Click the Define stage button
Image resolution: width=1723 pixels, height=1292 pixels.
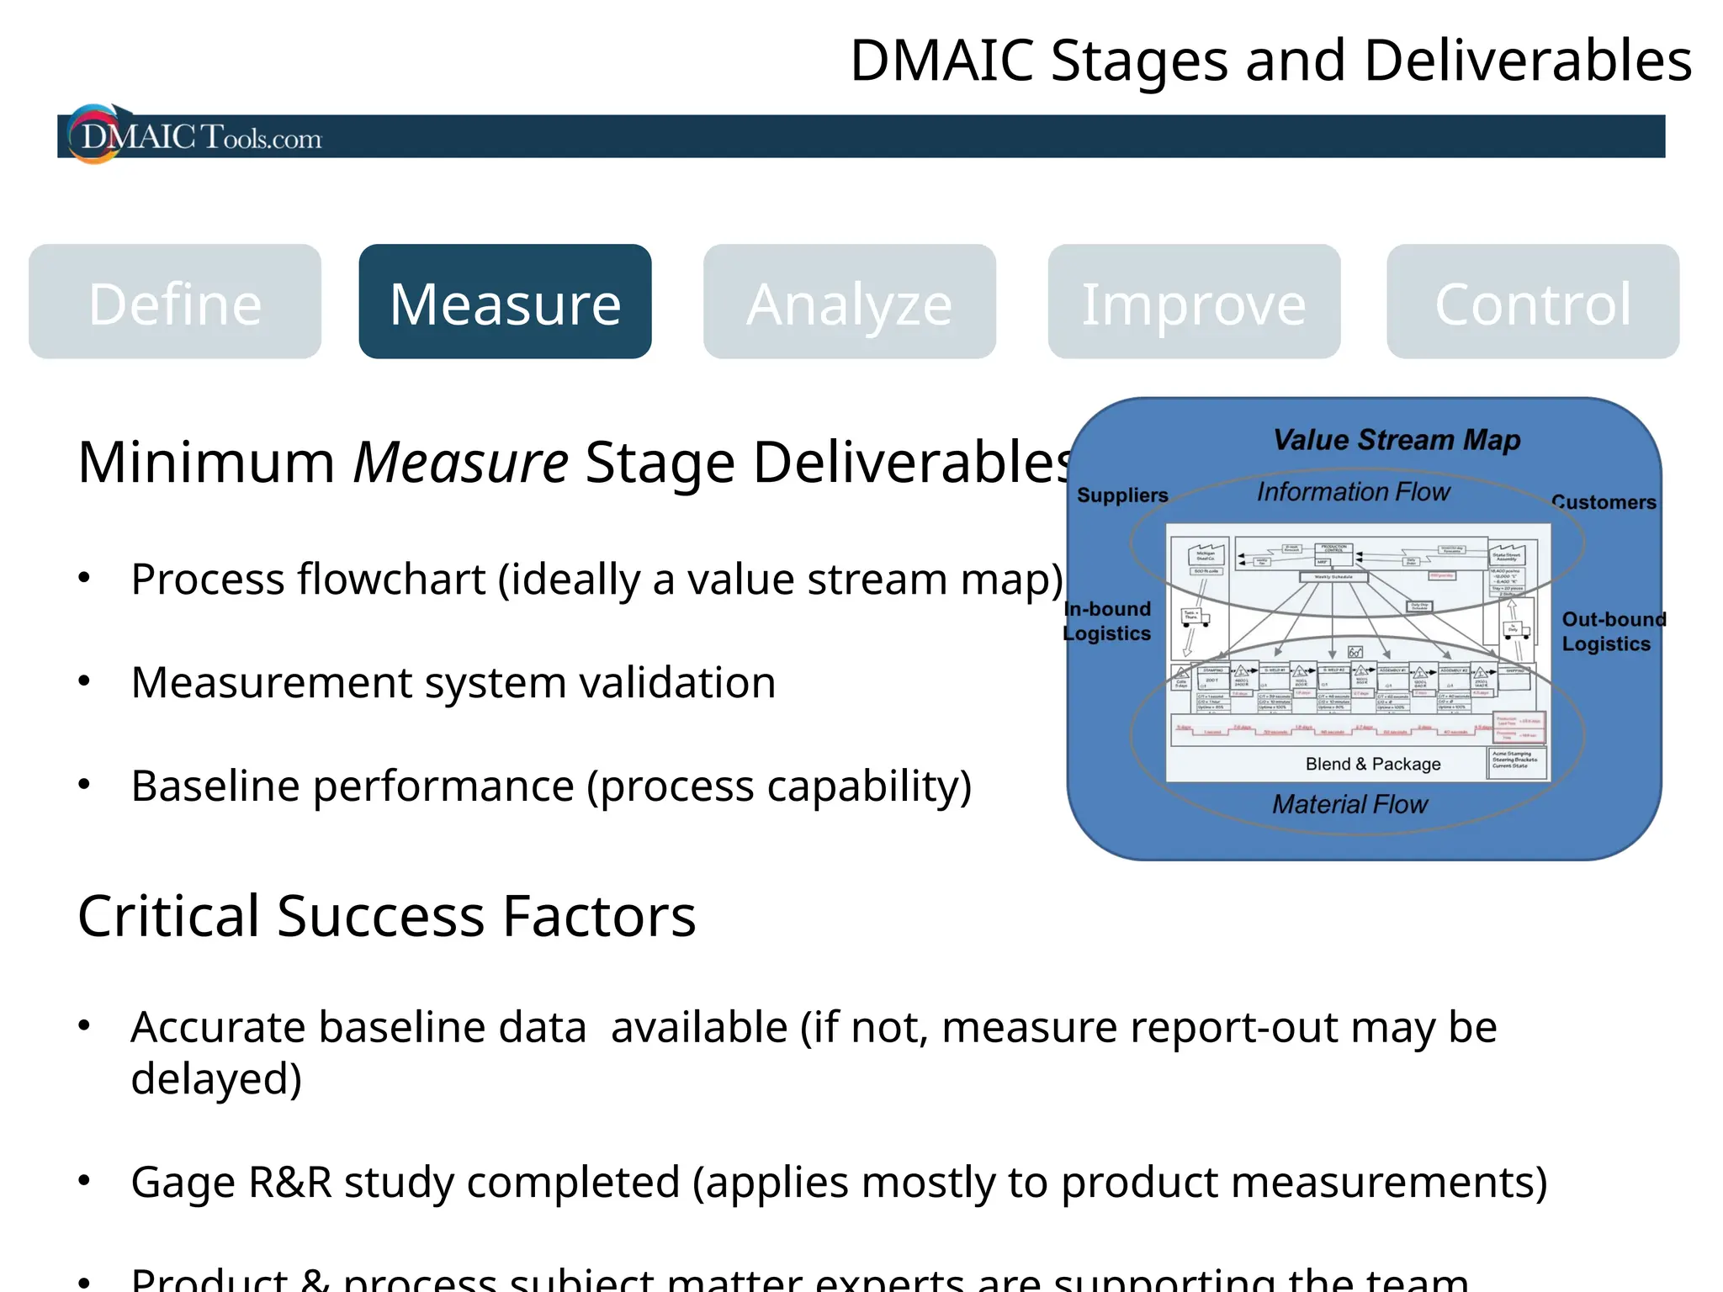tap(175, 303)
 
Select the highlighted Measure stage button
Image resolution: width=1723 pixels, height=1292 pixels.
tap(505, 303)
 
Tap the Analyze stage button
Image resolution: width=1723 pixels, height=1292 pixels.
tap(850, 303)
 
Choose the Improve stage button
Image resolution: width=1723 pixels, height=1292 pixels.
tap(1194, 303)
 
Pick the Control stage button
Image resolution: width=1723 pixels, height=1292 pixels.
tap(1533, 303)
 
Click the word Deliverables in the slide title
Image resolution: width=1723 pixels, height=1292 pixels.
tap(1527, 61)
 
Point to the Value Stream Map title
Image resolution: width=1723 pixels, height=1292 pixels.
tap(1396, 440)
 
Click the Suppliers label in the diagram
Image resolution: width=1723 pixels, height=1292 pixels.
tap(1122, 495)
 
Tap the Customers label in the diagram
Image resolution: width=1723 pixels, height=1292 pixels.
tap(1604, 502)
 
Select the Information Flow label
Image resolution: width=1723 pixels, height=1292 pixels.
tap(1353, 492)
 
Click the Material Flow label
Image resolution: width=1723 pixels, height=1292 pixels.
tap(1349, 805)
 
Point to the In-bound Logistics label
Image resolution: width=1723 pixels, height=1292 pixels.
tap(1107, 621)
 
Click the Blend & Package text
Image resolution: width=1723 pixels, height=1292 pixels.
tap(1373, 764)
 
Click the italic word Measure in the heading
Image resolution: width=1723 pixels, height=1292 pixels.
tap(460, 463)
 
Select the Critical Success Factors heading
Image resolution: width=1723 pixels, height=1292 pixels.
tap(386, 916)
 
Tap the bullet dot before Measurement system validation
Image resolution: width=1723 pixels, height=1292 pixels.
tap(84, 680)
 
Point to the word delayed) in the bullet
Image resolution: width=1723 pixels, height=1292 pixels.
tap(216, 1079)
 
